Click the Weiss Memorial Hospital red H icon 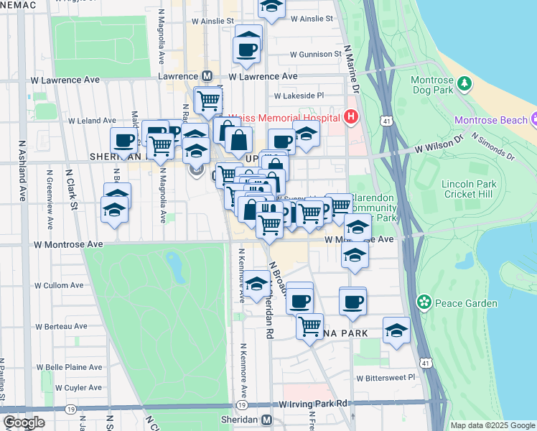click(x=351, y=116)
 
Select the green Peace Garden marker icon click(x=425, y=302)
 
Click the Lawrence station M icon click(x=207, y=75)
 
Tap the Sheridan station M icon click(x=267, y=420)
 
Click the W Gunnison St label click(x=316, y=54)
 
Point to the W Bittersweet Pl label click(x=386, y=377)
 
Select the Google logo click(x=24, y=422)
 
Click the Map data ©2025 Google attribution click(x=492, y=425)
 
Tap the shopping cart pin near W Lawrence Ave click(x=207, y=99)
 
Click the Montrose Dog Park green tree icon click(x=464, y=83)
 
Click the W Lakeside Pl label click(x=299, y=95)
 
